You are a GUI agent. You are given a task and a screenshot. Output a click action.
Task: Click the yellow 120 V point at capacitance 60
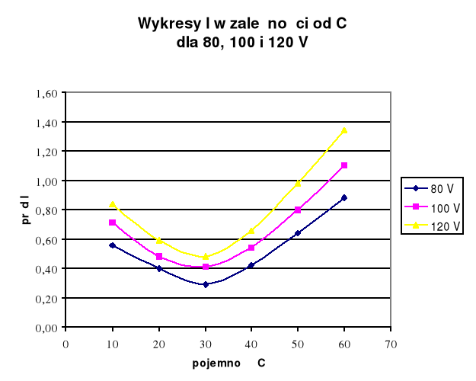(344, 130)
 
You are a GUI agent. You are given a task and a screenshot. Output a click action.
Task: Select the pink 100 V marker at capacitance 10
(113, 223)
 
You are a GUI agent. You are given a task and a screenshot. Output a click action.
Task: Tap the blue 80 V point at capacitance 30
(206, 284)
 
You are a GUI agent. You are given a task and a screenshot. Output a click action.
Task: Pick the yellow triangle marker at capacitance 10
(113, 204)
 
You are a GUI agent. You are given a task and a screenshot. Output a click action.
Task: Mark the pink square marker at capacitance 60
(344, 165)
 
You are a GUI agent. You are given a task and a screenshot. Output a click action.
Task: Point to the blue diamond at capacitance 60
(344, 197)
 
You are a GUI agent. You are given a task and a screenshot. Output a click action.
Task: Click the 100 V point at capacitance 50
(298, 210)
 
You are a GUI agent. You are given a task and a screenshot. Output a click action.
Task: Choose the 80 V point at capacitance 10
(113, 245)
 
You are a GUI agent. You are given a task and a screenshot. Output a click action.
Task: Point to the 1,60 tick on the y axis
(47, 93)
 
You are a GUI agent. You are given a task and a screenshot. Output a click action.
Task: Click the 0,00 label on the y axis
(47, 328)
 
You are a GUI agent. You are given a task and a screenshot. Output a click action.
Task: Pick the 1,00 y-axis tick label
(47, 181)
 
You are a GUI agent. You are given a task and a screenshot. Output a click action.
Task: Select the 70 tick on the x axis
(391, 343)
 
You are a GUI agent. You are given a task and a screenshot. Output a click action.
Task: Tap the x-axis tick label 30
(206, 343)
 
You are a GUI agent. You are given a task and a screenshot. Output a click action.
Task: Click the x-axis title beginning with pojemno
(228, 363)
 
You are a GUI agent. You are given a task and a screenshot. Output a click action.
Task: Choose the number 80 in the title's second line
(210, 41)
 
